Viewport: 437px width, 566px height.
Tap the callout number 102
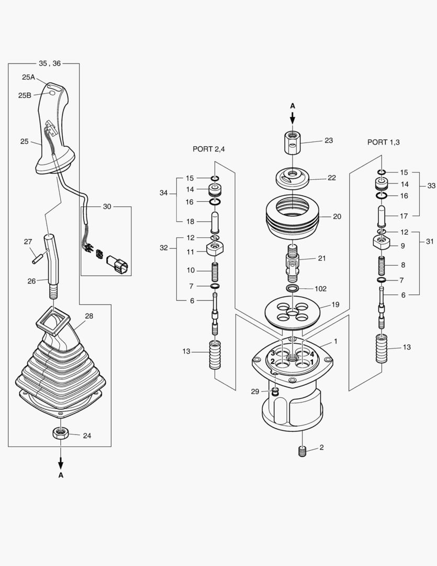click(x=320, y=289)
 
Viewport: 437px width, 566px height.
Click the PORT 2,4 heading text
click(x=208, y=149)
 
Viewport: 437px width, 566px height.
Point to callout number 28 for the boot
click(x=89, y=316)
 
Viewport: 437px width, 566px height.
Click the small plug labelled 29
click(x=275, y=391)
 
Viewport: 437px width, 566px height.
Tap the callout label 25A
click(x=28, y=77)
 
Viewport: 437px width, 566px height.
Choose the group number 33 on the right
click(x=431, y=186)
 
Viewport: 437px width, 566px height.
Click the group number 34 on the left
click(x=163, y=193)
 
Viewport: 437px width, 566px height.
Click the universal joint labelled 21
click(x=293, y=259)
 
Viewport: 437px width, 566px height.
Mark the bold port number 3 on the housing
click(x=273, y=353)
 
